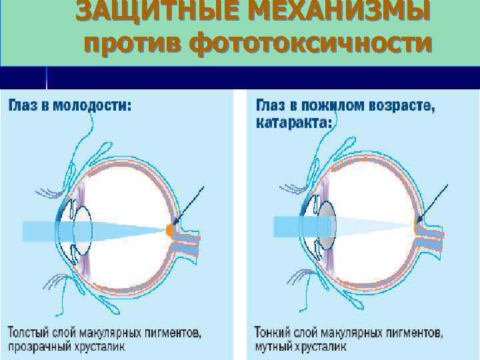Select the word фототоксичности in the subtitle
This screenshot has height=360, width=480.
click(x=311, y=43)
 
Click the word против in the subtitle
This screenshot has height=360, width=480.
click(x=131, y=43)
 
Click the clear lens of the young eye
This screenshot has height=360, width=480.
click(x=82, y=230)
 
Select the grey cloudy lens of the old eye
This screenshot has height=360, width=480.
click(x=327, y=226)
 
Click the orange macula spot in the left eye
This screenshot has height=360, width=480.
click(x=170, y=231)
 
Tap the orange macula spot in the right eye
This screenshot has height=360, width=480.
click(x=417, y=229)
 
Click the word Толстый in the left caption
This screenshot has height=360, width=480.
click(x=27, y=331)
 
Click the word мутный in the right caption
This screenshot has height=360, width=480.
click(x=273, y=347)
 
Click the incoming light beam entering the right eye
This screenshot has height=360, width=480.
click(x=290, y=226)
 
